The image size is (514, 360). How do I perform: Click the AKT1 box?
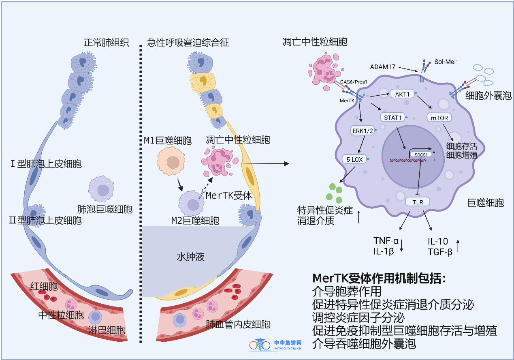click(403, 94)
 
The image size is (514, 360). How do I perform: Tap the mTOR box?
click(439, 118)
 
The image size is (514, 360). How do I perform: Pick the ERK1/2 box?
click(363, 130)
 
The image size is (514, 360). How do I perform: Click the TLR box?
click(417, 201)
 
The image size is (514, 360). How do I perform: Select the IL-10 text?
click(437, 241)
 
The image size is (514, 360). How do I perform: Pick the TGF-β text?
click(439, 252)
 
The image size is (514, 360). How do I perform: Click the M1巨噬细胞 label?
click(167, 141)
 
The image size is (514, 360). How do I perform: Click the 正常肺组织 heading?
click(106, 42)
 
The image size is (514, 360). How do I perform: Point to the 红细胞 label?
click(44, 286)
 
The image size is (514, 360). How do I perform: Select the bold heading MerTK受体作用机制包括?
click(379, 279)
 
